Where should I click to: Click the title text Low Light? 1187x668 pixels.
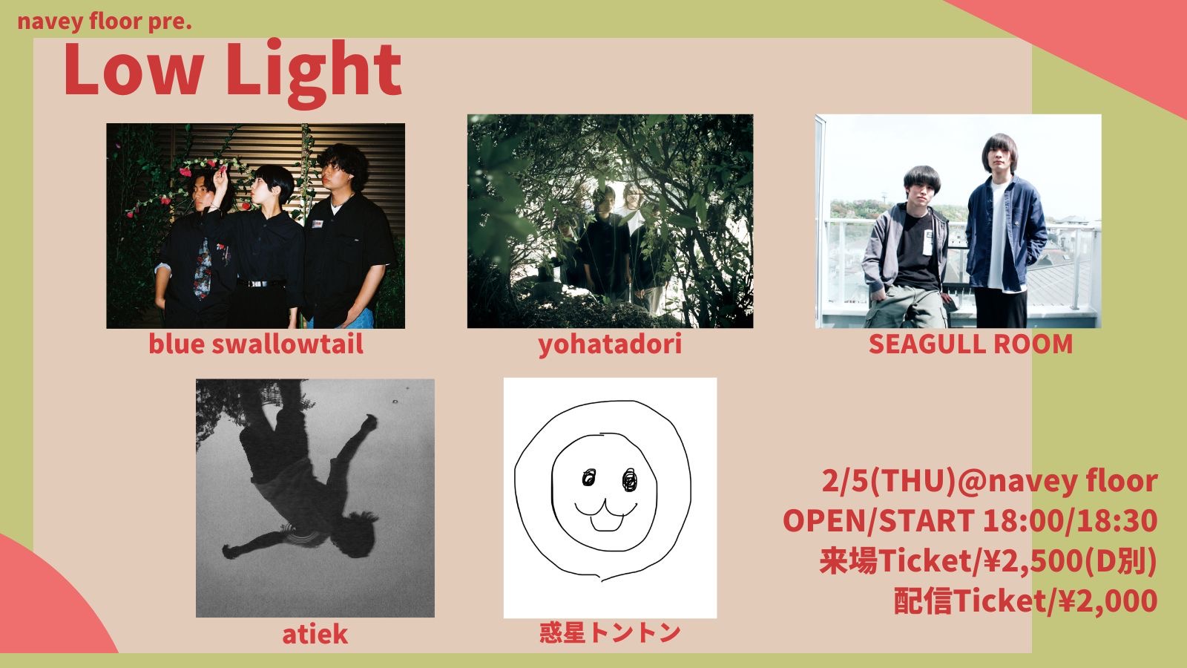[x=232, y=71]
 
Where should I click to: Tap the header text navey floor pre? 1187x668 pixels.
[x=105, y=22]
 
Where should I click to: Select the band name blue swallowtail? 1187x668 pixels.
[x=255, y=344]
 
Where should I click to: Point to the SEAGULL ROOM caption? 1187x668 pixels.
[x=970, y=344]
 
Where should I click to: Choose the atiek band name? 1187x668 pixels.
[x=315, y=635]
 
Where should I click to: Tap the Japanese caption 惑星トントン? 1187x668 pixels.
[x=610, y=633]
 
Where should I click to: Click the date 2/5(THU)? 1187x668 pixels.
[x=889, y=482]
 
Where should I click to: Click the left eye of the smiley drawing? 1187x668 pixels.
[x=589, y=477]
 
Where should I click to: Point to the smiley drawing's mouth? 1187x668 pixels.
[x=606, y=514]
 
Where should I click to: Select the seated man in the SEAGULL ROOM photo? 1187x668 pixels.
[x=906, y=249]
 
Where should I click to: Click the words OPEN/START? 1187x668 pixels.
[x=878, y=521]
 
